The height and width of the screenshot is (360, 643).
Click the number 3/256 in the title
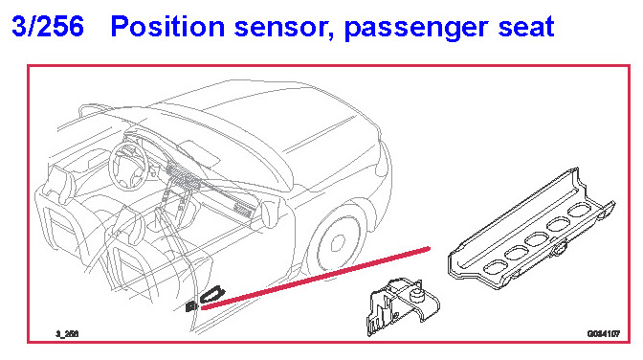[x=48, y=26]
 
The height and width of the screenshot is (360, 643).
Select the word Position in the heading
[x=167, y=27]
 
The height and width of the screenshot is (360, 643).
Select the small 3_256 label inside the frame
[x=67, y=334]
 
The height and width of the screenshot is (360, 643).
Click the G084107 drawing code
[x=603, y=334]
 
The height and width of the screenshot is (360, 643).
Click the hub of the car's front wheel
[x=338, y=243]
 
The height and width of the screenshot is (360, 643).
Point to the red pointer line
[x=316, y=278]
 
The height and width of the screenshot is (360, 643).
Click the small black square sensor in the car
[x=191, y=306]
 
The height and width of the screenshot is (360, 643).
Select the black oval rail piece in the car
[x=212, y=294]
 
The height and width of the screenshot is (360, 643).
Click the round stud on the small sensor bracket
[x=417, y=294]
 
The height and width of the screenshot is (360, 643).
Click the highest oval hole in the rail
[x=580, y=210]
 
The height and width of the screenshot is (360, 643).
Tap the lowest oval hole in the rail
[x=496, y=267]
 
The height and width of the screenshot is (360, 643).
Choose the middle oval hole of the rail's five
[x=538, y=238]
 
